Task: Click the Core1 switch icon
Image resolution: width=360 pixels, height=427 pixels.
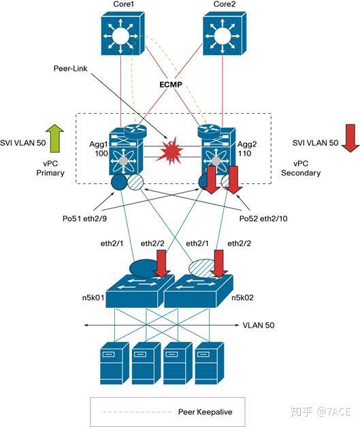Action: [x=122, y=33]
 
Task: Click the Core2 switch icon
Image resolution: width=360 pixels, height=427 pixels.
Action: [x=225, y=33]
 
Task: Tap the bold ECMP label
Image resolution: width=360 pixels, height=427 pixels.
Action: [x=171, y=84]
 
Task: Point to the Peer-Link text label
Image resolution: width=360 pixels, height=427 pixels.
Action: [x=71, y=68]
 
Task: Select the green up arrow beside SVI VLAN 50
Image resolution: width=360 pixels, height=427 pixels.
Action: [x=54, y=138]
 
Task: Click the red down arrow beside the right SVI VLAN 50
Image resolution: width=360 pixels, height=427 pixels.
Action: [x=350, y=138]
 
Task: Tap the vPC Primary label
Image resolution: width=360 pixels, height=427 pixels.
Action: [x=50, y=168]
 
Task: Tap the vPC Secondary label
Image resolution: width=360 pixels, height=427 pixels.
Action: [x=301, y=168]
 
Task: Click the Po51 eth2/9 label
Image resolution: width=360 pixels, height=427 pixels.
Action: [x=84, y=219]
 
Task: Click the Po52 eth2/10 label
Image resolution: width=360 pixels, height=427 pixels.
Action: [x=263, y=219]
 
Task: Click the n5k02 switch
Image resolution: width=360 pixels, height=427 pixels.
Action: [x=198, y=291]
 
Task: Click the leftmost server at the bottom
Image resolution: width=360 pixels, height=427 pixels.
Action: [x=114, y=363]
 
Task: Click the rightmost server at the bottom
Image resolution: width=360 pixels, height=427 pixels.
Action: [x=210, y=363]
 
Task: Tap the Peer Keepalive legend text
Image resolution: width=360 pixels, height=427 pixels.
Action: [x=205, y=412]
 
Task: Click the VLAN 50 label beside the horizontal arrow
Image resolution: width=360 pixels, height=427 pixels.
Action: [x=259, y=325]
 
